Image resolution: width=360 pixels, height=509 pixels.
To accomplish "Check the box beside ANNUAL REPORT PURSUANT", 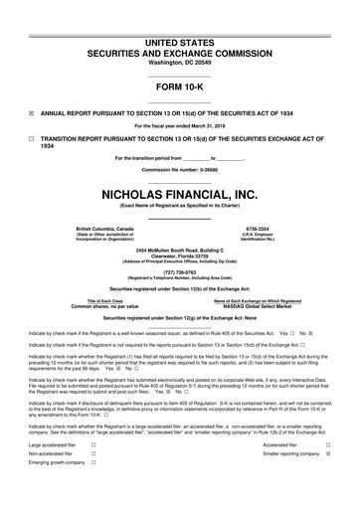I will point(32,112).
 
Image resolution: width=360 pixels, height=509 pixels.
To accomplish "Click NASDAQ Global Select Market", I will point(258,306).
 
